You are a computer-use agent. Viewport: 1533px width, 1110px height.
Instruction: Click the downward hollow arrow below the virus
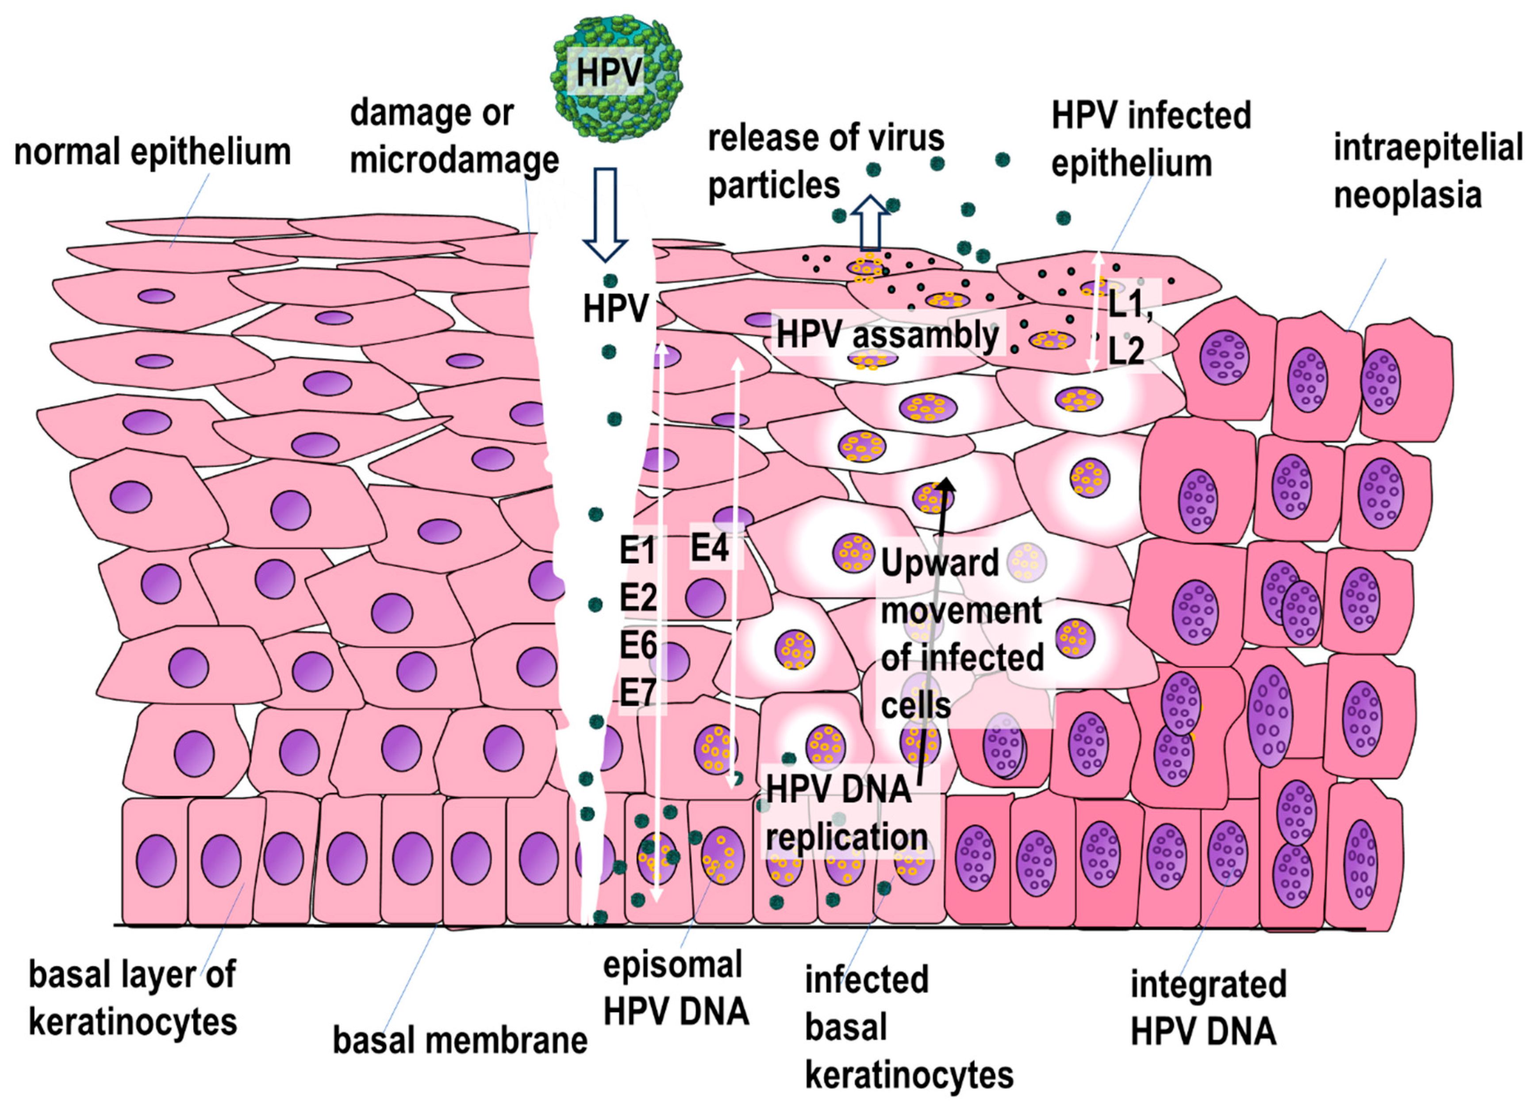605,212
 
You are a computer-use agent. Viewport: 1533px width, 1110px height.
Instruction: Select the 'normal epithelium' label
152,152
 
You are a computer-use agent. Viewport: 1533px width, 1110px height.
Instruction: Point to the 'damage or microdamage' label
454,137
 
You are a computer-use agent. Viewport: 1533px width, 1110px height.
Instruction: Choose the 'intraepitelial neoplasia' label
1427,171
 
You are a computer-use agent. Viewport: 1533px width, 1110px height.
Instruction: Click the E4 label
709,547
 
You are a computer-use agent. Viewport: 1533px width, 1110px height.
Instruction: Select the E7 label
638,693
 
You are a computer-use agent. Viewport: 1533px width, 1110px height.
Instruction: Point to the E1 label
638,551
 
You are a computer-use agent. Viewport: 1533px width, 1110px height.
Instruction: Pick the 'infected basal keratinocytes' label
908,1027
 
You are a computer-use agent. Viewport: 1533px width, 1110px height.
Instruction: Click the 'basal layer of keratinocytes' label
132,999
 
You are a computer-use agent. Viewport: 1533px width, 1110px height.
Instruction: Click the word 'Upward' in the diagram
940,563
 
